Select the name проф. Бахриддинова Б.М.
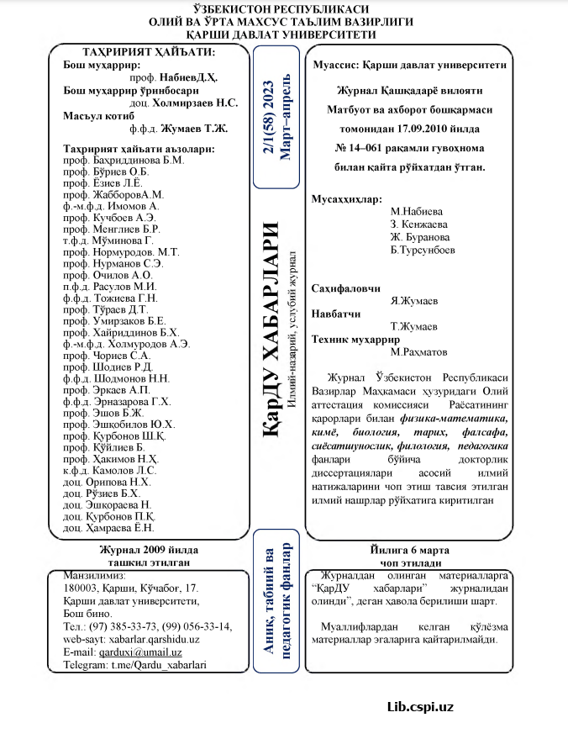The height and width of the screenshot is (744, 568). tap(124, 160)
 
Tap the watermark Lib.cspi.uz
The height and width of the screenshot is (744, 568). tap(420, 706)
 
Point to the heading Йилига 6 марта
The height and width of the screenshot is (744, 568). tap(410, 551)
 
